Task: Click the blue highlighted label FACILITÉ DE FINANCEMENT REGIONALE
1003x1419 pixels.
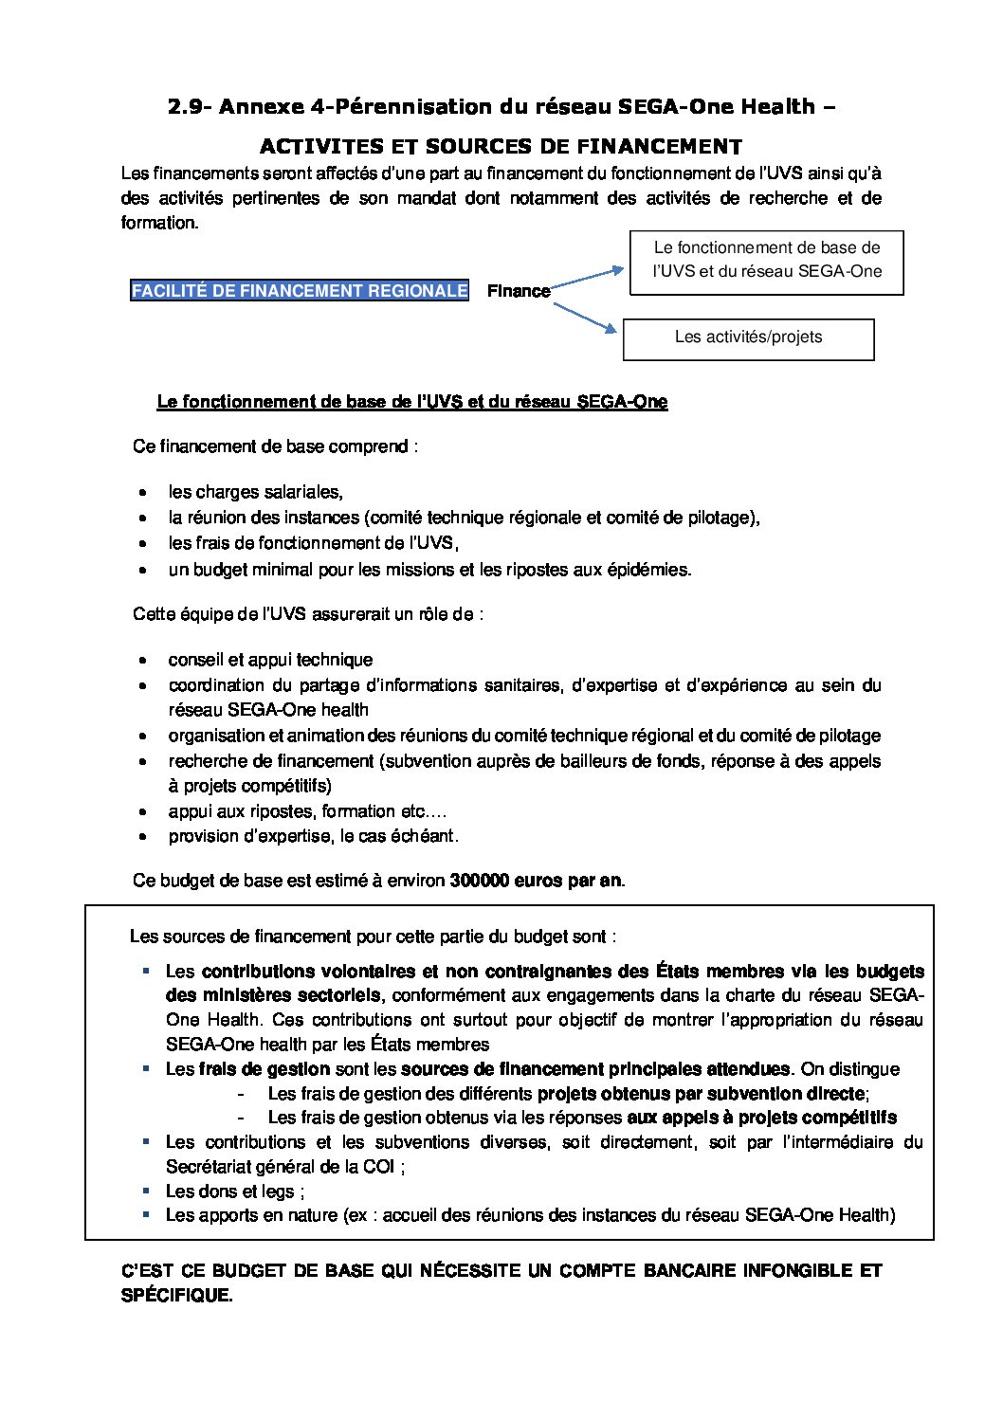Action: tap(299, 291)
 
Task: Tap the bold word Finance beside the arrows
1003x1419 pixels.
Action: tap(519, 291)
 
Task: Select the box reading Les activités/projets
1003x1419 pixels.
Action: tap(748, 338)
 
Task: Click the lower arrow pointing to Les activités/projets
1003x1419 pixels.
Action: tap(584, 317)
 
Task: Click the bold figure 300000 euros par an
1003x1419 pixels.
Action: tap(536, 881)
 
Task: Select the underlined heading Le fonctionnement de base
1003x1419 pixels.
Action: tap(411, 402)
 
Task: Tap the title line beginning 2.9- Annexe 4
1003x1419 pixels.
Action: tap(501, 107)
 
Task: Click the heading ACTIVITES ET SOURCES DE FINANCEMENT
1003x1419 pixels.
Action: tap(501, 147)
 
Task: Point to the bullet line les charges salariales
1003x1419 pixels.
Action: tap(255, 492)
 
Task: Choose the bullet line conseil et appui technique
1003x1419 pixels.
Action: tap(270, 660)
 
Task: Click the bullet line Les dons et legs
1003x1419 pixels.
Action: tap(235, 1192)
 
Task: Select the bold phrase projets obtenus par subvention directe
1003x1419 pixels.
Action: tap(701, 1094)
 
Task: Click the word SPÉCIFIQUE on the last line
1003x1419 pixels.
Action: tap(176, 1295)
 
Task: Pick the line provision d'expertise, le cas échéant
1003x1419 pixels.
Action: tap(313, 836)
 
